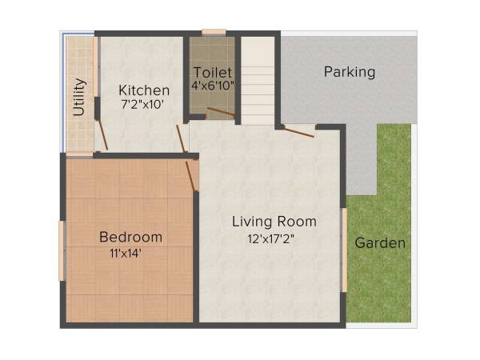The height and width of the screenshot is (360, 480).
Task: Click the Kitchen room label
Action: pos(144,90)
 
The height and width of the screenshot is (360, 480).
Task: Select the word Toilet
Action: pos(212,73)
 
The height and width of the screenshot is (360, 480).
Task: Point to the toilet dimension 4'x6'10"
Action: pos(213,86)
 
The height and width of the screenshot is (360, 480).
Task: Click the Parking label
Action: pos(350,72)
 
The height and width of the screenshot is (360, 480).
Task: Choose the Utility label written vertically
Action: pos(79,97)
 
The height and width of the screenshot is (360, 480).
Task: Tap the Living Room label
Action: pos(274,222)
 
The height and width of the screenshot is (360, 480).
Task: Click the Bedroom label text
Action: pos(130,238)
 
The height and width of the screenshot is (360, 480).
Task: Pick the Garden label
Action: pos(380,243)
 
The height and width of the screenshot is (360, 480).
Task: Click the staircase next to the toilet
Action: pos(258,80)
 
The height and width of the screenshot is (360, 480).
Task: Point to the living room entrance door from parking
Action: pos(299,131)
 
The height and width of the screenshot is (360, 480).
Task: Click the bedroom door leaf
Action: pos(192,175)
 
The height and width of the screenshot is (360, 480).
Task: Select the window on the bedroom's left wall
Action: pos(62,250)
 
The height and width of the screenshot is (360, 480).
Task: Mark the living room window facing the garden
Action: pos(345,250)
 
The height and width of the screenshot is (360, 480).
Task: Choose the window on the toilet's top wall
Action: pos(214,33)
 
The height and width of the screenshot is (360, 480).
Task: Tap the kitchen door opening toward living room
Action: pos(182,139)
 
